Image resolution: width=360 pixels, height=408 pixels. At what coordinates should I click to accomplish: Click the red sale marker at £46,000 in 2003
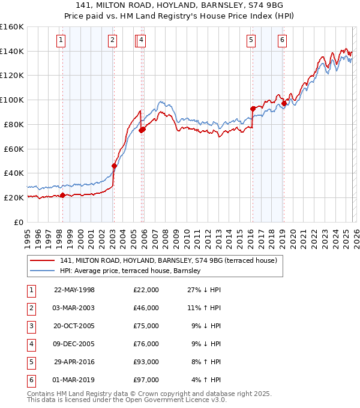(113, 166)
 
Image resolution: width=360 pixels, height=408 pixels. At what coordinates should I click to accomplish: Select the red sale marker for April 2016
(253, 109)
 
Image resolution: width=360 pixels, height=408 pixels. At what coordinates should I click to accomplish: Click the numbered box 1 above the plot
(62, 40)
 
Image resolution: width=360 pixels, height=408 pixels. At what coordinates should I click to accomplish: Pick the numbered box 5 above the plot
(251, 40)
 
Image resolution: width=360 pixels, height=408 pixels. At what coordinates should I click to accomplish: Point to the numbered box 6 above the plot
(282, 40)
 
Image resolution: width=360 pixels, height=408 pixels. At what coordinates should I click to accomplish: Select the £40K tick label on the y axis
(13, 173)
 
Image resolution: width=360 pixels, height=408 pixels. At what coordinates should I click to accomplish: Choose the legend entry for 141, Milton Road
(168, 260)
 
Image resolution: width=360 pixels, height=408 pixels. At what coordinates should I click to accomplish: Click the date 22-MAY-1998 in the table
(74, 290)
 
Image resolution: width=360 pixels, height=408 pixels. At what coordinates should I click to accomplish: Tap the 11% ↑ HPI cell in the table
(206, 309)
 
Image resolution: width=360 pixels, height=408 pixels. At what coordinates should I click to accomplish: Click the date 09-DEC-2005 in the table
(74, 344)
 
